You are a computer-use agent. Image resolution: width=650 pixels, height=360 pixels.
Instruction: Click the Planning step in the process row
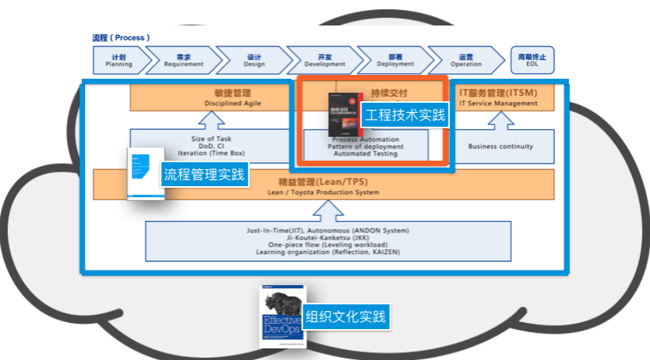(118, 60)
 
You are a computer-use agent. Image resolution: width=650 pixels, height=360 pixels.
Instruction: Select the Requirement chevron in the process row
(183, 60)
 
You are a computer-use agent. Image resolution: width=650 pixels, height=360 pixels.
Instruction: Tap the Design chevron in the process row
(254, 60)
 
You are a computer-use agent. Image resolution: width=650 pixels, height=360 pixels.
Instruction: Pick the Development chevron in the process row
(324, 60)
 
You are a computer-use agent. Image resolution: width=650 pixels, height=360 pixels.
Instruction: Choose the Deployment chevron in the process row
(395, 60)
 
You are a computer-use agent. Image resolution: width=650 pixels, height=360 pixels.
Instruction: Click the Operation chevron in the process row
(465, 60)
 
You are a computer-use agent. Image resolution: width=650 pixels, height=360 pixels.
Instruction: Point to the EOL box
(532, 60)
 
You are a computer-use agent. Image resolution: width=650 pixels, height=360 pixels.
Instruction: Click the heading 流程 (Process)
(120, 37)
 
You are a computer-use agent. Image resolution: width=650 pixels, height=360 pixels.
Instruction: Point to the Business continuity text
(500, 146)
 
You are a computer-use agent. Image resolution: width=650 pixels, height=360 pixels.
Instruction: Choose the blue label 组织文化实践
(346, 316)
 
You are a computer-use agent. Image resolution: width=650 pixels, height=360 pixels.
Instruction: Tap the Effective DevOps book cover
(283, 316)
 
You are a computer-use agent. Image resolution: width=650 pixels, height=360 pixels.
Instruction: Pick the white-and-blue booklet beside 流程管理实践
(146, 173)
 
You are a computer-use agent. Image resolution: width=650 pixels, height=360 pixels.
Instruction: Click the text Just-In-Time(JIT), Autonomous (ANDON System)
(328, 230)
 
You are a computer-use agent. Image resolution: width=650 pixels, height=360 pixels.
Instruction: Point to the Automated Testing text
(365, 154)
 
